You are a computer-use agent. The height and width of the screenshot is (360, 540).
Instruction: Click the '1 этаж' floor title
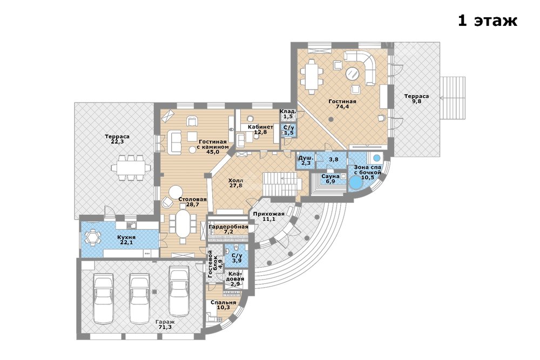487,21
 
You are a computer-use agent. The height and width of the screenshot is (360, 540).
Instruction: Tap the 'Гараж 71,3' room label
165,324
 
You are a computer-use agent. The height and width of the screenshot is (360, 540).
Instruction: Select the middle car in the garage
139,294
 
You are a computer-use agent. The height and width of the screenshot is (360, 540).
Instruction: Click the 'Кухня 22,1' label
126,240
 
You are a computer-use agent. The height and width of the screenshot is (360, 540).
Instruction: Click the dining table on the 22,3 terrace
131,168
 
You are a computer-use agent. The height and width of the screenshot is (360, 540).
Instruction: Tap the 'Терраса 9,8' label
416,99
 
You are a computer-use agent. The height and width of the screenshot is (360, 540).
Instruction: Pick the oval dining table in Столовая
183,223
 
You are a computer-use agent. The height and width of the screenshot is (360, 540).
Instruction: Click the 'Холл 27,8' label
236,183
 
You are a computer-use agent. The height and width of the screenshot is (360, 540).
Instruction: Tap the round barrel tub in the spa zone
356,183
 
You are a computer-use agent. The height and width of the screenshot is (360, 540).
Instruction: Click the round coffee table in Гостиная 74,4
353,73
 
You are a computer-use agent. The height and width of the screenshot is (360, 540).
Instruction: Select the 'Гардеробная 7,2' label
228,229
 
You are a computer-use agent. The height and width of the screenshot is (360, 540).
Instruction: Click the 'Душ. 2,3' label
306,160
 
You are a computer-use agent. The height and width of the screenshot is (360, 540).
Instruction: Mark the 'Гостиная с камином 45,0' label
212,147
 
